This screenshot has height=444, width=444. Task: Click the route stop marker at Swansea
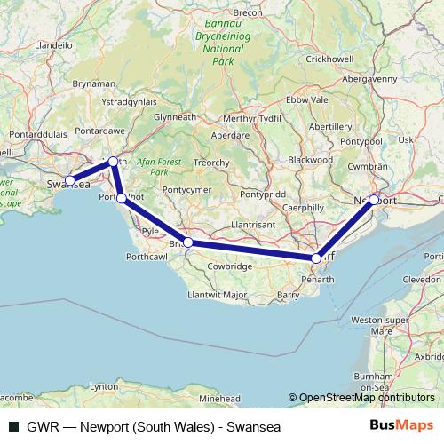69,180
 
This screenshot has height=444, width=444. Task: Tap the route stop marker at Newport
374,200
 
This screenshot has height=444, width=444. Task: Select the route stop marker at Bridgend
188,242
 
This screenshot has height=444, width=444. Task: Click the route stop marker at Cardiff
316,258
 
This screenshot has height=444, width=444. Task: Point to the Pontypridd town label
262,194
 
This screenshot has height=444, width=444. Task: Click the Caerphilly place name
304,207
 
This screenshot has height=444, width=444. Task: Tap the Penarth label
317,279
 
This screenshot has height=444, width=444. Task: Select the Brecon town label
247,12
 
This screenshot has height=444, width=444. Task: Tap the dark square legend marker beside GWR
12,426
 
